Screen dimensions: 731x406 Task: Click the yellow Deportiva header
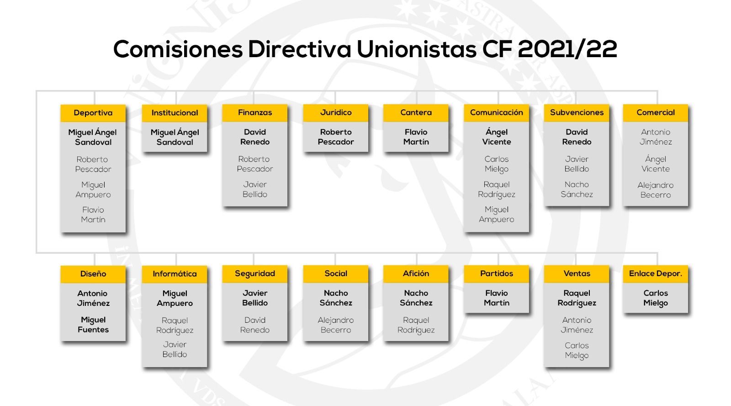click(x=93, y=113)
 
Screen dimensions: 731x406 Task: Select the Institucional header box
click(x=175, y=113)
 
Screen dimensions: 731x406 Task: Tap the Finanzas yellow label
click(x=255, y=112)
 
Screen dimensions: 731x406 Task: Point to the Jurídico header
click(x=336, y=112)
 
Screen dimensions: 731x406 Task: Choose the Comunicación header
click(x=496, y=112)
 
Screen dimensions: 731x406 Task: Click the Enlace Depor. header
click(x=656, y=274)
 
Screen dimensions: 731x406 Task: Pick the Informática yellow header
click(x=175, y=274)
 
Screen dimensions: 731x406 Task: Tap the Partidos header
click(x=496, y=274)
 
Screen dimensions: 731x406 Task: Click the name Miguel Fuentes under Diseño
click(x=93, y=325)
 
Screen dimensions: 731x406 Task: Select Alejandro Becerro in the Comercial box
click(x=656, y=190)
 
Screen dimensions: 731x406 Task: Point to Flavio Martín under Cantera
click(x=416, y=137)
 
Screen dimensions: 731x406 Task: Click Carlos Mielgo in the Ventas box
click(x=577, y=351)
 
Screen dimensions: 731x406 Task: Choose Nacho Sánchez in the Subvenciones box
click(x=577, y=189)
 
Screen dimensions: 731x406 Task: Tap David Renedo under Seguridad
click(x=255, y=325)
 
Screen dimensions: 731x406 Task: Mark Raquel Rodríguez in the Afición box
click(x=416, y=325)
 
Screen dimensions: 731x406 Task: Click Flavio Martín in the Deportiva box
click(x=93, y=214)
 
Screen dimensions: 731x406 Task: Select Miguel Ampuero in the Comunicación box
click(x=496, y=214)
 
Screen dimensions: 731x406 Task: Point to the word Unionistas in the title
click(x=416, y=49)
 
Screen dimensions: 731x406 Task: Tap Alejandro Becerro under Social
click(x=336, y=325)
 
